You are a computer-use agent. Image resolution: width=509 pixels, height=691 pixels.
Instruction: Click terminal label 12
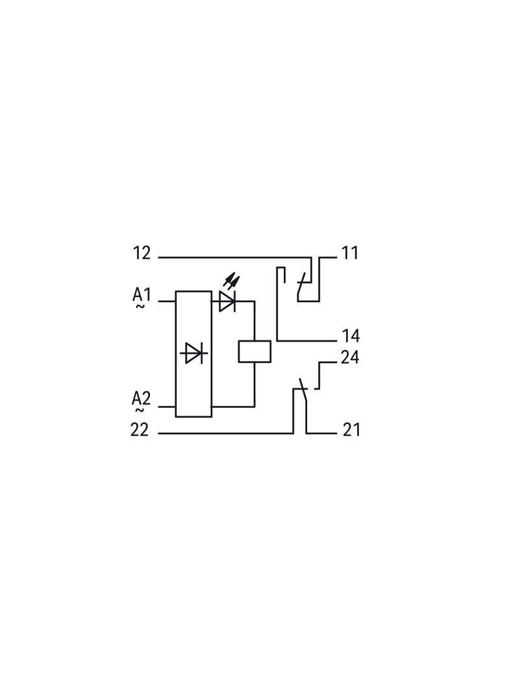[x=142, y=253]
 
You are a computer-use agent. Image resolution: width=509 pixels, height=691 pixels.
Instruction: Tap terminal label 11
[x=350, y=253]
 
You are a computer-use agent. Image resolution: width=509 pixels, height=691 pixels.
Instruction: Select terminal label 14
[x=351, y=336]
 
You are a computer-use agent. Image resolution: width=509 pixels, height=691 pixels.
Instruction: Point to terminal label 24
[x=350, y=357]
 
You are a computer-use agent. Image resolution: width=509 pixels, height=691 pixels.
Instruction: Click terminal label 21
[x=351, y=430]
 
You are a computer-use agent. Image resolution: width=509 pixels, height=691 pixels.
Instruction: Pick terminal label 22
[x=140, y=430]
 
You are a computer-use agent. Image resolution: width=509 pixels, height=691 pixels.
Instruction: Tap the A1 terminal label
[x=142, y=294]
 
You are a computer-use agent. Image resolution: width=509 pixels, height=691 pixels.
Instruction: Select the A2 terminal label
[x=142, y=399]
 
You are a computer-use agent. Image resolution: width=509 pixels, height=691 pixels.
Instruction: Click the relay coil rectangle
[x=255, y=352]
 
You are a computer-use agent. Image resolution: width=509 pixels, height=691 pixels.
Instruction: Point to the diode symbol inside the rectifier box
[x=193, y=353]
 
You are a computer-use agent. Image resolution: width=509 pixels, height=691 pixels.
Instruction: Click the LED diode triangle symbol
[x=227, y=301]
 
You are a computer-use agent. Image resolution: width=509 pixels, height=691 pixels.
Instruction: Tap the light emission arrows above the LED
[x=231, y=279]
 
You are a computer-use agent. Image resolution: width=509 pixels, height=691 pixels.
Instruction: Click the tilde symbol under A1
[x=140, y=306]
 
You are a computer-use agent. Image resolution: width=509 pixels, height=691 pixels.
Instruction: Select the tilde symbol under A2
[x=140, y=410]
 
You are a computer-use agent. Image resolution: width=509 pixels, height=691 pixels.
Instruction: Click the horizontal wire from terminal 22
[x=225, y=433]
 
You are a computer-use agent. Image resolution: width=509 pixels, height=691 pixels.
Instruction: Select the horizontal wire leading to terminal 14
[x=307, y=341]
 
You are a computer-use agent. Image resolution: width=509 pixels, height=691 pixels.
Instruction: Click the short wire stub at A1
[x=167, y=301]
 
